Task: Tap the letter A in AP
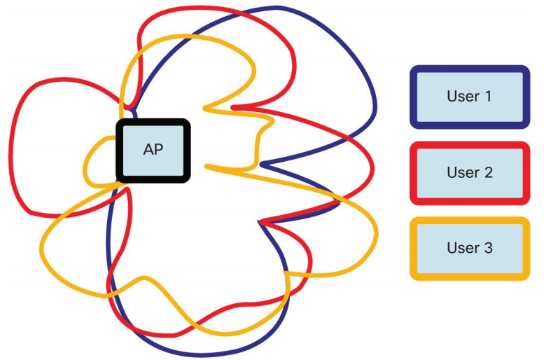(x=148, y=150)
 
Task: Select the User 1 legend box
(x=469, y=97)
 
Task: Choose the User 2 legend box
(x=469, y=172)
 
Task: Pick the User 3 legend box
(x=469, y=249)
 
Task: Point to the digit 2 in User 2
(x=488, y=172)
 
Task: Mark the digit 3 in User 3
(x=488, y=249)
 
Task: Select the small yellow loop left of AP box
(x=86, y=165)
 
